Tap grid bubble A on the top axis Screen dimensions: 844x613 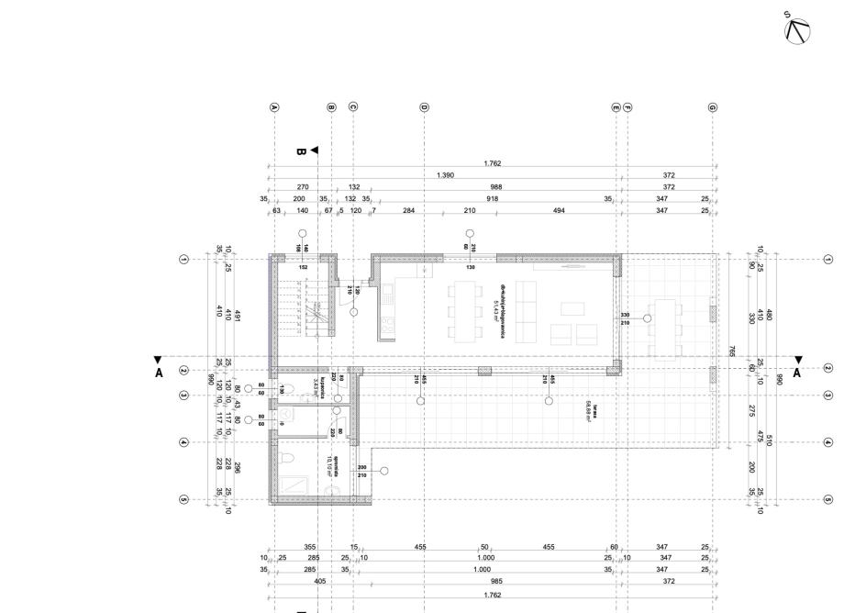point(274,107)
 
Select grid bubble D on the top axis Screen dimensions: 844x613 point(424,107)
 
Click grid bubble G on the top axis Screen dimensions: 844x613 point(712,107)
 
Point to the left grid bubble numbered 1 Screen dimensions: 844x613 point(184,260)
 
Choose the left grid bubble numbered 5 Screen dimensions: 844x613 point(184,500)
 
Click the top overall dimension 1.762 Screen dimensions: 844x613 point(493,164)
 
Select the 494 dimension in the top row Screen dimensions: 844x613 point(558,210)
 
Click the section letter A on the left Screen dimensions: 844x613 point(158,373)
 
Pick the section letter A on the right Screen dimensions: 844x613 point(796,373)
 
